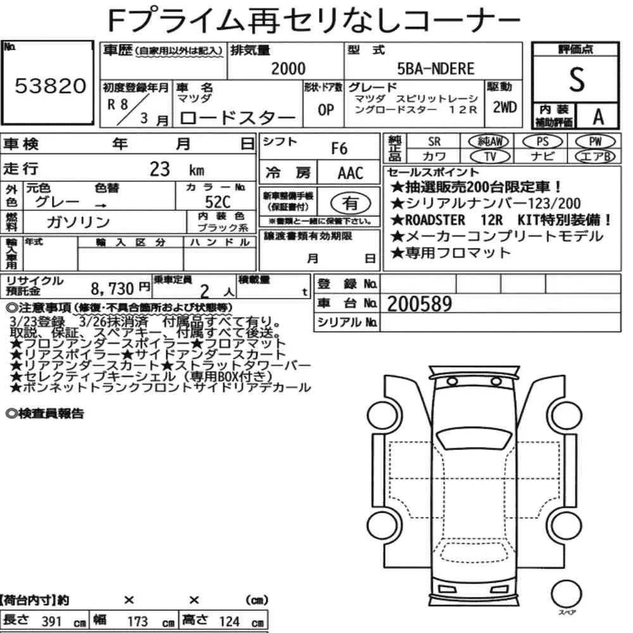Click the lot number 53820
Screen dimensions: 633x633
51,85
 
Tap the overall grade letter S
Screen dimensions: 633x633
577,80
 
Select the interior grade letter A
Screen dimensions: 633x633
598,116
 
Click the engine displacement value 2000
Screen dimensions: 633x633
288,68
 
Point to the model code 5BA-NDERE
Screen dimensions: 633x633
436,68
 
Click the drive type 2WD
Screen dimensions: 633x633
505,107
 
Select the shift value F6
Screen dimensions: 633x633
339,149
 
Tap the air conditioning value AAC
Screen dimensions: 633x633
351,173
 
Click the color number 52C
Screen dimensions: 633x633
218,202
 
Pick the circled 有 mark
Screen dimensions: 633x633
351,203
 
